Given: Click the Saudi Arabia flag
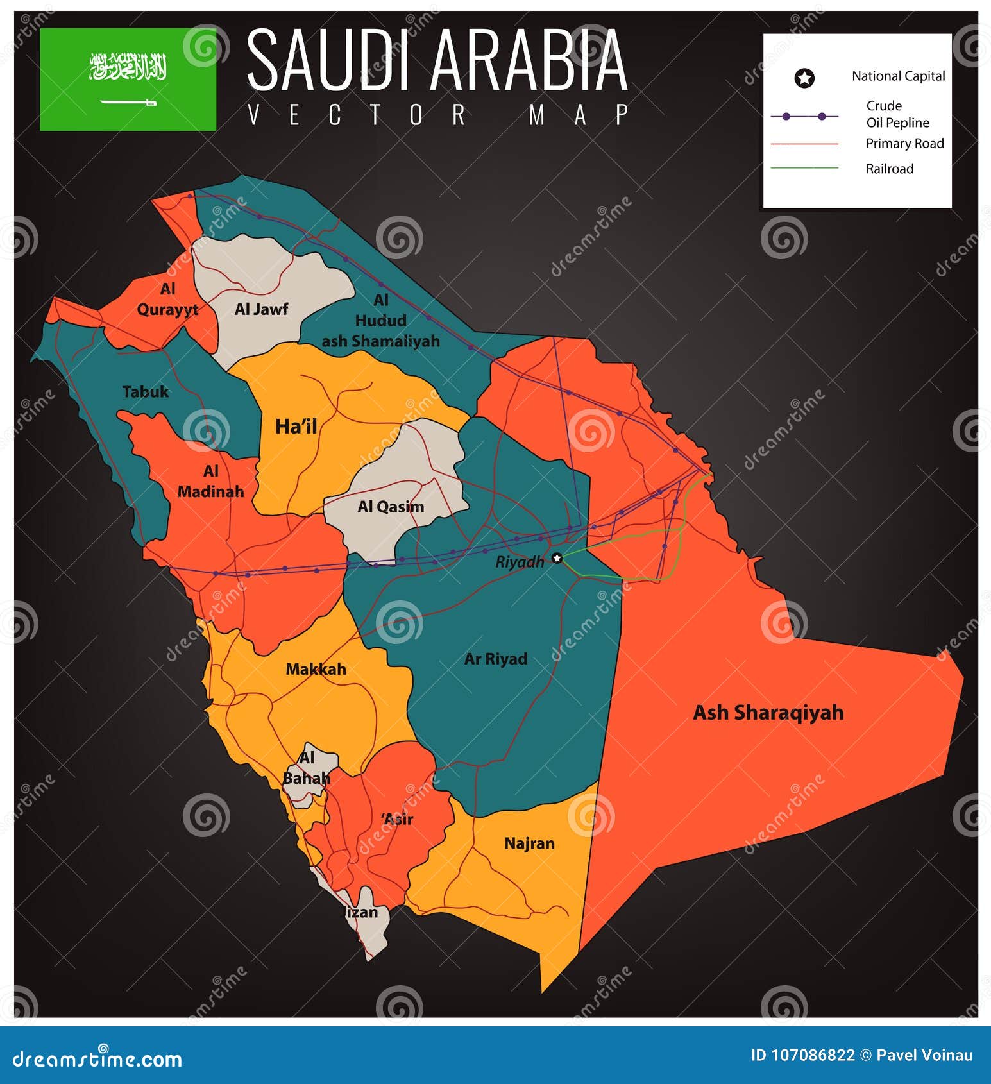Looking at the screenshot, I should click(128, 79).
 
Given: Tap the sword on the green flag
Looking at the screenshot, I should click(128, 102).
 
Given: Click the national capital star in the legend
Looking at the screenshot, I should click(804, 78).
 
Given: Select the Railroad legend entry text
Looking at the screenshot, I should click(889, 169).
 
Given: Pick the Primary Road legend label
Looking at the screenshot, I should click(904, 143).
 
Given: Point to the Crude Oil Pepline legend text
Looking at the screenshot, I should click(897, 114).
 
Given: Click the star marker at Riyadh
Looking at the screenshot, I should click(557, 557).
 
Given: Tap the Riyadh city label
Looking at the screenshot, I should click(520, 562).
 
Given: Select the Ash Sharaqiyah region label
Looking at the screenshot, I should click(768, 713).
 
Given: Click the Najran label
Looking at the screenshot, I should click(529, 843).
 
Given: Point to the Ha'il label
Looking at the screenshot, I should click(296, 426).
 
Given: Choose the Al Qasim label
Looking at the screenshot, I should click(391, 507).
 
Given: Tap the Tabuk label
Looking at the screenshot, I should click(146, 391).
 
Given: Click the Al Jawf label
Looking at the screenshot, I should click(261, 309).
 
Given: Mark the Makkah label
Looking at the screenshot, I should click(316, 669).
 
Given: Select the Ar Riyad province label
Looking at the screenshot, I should click(496, 659).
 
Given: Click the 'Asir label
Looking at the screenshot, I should click(397, 818).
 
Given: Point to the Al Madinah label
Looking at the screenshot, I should click(211, 481).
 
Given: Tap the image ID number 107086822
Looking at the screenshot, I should click(802, 1055).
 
